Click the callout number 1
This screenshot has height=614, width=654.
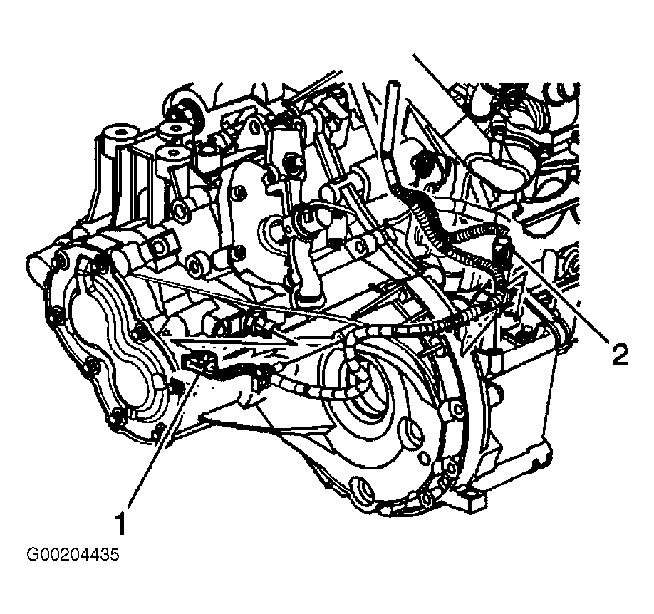pos(120,524)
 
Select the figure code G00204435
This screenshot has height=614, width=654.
pos(73,555)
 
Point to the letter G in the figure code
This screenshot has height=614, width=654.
pos(32,555)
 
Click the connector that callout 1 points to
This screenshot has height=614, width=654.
pos(200,362)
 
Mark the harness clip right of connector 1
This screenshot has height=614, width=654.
pos(261,378)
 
